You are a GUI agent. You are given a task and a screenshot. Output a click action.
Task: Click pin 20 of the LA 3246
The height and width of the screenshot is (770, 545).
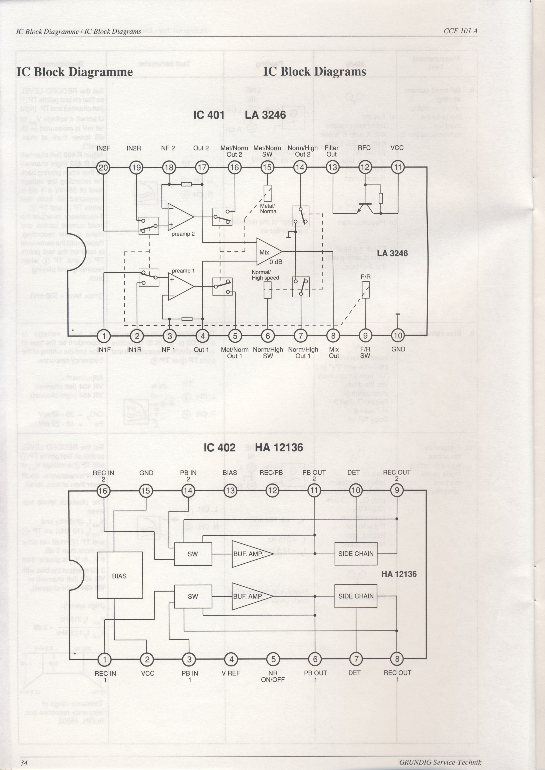click(x=103, y=167)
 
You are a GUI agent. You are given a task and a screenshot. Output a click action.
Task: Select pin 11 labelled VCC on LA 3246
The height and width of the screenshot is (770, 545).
click(x=398, y=167)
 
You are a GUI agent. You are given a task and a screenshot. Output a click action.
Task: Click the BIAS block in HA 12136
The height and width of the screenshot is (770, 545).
click(x=120, y=576)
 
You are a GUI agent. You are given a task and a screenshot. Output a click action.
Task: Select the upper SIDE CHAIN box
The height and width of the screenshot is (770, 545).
click(x=356, y=553)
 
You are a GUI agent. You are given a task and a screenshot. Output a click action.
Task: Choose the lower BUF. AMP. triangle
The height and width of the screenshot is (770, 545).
click(x=250, y=596)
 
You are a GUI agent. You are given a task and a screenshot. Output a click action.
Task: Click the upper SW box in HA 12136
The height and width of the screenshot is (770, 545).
click(x=193, y=554)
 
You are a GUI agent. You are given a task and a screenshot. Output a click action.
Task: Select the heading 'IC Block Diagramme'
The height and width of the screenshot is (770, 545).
click(x=74, y=72)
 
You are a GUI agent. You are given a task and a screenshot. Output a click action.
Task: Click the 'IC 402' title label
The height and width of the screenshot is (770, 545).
click(x=220, y=448)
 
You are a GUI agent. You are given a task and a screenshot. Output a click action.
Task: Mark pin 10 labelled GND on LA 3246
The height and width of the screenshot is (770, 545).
click(x=398, y=335)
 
